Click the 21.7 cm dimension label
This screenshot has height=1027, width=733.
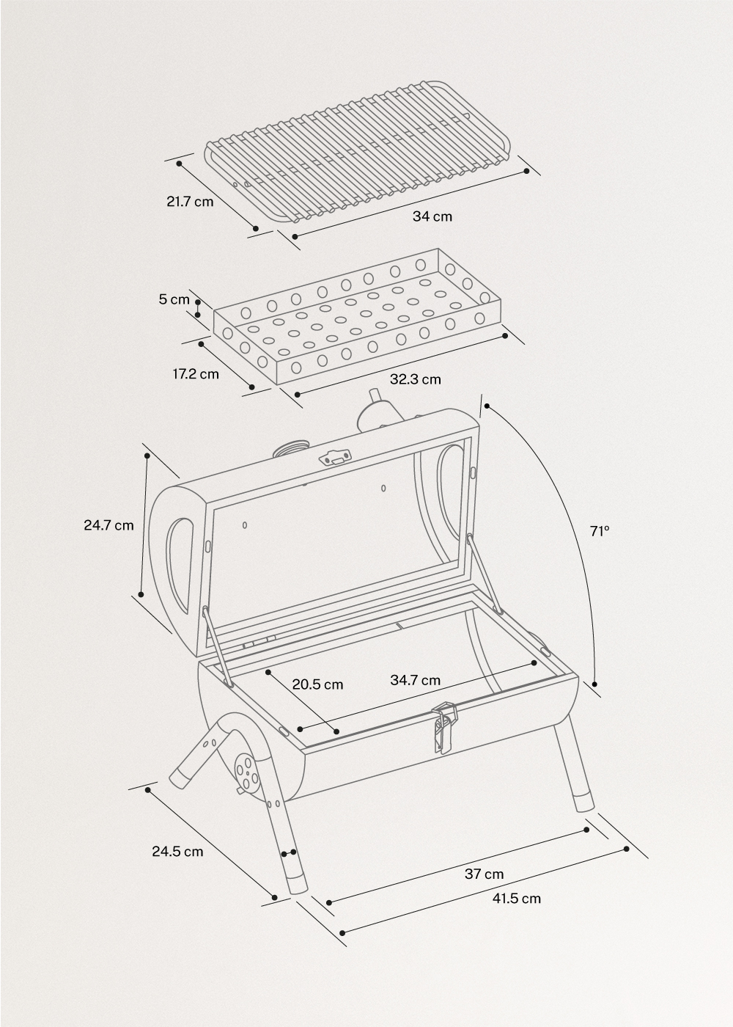pos(190,200)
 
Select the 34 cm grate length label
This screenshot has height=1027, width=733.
pos(432,216)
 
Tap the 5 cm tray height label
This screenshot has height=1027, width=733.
pos(174,299)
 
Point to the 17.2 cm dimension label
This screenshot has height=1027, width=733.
pos(196,374)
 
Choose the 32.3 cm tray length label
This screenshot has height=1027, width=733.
pos(416,379)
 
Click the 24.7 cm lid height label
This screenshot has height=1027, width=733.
pos(108,525)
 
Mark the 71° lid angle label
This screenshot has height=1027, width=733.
pos(600,530)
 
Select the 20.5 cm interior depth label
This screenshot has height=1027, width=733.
pos(317,684)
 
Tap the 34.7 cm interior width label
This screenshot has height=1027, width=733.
pos(415,680)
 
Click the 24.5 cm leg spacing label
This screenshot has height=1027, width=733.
pos(177,852)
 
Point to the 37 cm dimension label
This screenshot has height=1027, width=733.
pos(485,874)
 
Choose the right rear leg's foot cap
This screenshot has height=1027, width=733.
pos(583,800)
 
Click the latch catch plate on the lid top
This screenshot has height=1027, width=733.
pos(335,457)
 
